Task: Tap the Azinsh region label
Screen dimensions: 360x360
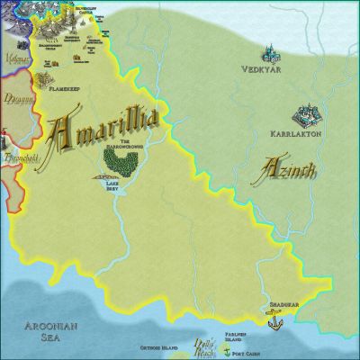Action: click(280, 166)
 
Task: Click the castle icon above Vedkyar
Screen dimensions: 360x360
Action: click(267, 53)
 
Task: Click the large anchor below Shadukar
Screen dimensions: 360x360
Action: click(274, 318)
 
